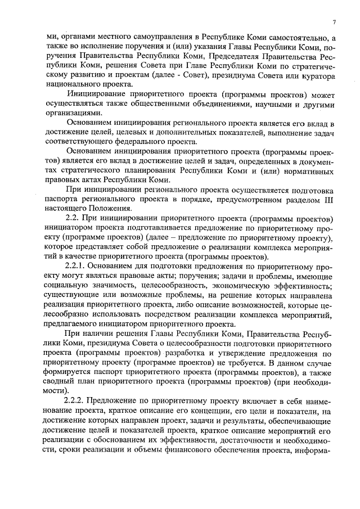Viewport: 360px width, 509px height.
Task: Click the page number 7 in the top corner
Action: tap(334, 22)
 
